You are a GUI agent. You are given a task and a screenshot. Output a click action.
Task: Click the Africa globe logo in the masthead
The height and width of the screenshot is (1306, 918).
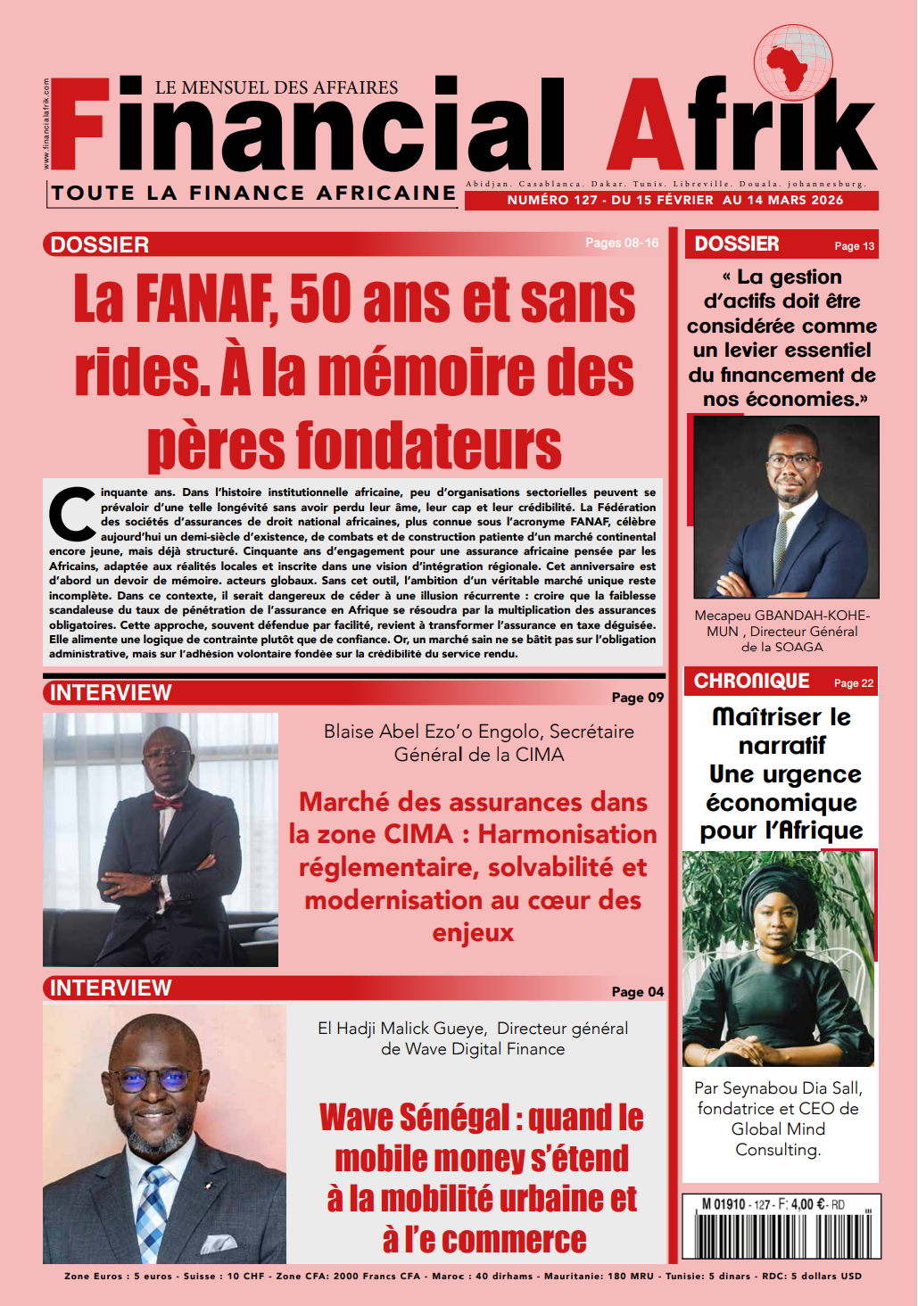tap(793, 63)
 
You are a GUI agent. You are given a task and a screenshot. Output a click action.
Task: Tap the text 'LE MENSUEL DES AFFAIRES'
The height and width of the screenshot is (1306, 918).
tap(277, 87)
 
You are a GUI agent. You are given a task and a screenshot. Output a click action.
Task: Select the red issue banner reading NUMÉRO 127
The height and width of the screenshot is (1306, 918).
tap(672, 201)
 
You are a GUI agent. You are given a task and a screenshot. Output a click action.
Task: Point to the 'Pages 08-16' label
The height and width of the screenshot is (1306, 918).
tap(622, 243)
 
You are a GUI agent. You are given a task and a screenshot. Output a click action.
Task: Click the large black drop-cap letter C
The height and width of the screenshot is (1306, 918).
tap(71, 514)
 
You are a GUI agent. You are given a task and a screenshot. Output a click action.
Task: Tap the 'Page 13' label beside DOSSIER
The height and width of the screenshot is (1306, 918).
tap(854, 246)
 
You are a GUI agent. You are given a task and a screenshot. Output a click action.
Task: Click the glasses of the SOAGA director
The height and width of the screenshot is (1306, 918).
tap(791, 462)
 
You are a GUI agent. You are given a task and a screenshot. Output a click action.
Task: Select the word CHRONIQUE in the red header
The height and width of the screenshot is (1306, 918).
tap(751, 682)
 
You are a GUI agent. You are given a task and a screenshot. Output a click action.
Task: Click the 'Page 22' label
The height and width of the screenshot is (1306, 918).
tap(853, 683)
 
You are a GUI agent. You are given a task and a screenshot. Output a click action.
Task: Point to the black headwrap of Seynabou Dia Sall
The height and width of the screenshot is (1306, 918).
tap(776, 883)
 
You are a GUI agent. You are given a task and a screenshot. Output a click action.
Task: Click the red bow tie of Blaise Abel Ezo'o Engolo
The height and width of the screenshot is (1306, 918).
tap(168, 802)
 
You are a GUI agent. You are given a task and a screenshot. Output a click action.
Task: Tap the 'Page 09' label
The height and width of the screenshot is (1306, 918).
tap(637, 698)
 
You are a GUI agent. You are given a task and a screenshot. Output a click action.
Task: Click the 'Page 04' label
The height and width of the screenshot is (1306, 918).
tap(637, 992)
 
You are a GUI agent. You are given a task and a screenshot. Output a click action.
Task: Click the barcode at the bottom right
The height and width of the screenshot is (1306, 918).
tap(782, 1235)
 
